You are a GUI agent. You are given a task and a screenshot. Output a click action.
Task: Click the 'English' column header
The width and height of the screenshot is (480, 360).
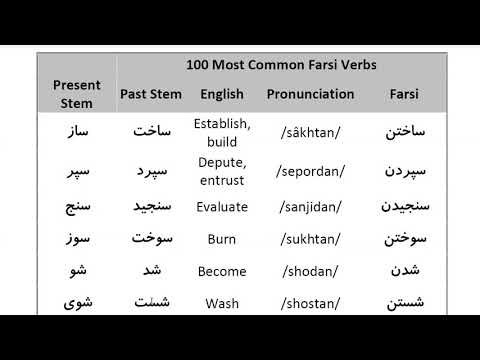222,94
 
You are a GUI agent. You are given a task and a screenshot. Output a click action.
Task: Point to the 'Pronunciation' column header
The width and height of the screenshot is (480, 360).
310,94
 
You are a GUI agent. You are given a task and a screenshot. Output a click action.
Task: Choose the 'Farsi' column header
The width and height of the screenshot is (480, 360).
404,94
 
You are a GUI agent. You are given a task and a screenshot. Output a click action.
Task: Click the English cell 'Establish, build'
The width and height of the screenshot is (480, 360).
222,133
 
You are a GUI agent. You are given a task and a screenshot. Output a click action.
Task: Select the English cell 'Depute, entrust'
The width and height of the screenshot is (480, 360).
222,169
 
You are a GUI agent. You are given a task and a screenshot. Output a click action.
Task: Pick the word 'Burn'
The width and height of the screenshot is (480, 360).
222,239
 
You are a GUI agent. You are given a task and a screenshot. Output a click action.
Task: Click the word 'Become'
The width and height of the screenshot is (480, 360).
222,271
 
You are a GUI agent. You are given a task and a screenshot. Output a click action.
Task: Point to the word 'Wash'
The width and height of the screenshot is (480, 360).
222,303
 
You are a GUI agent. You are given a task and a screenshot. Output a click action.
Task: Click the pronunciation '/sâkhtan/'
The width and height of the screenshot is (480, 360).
310,133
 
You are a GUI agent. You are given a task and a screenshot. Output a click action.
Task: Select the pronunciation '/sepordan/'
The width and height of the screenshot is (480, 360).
310,170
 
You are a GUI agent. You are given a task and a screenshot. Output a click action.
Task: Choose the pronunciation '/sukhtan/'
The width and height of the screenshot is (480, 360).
310,239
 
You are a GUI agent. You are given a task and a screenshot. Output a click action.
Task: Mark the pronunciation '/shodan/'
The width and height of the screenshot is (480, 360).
310,271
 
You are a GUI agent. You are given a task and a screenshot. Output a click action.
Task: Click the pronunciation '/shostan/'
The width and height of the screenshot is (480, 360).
310,303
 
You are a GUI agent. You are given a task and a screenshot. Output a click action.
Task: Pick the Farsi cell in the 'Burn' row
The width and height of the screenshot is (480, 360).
404,239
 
